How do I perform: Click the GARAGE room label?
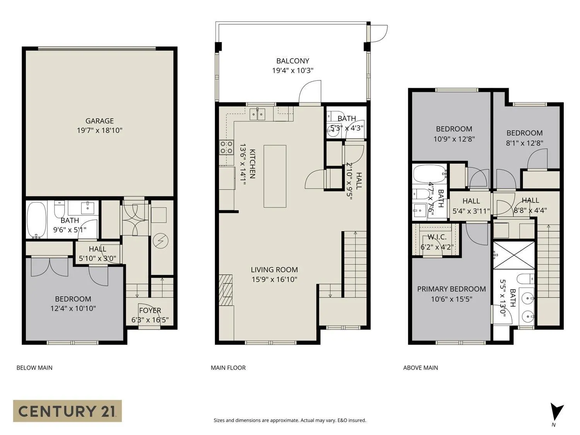99,121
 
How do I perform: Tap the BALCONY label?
292,61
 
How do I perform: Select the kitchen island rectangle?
275,176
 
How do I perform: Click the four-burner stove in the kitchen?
227,147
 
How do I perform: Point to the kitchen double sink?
258,114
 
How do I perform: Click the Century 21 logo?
67,411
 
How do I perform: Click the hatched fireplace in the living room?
226,290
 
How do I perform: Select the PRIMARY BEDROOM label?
451,289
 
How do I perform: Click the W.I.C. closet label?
437,237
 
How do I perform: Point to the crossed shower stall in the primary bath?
514,256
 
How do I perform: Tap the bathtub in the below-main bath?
37,220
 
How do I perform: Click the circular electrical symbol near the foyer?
160,241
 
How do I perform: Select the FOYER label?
150,310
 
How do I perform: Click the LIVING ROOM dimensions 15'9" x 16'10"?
274,280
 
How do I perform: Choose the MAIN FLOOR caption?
228,368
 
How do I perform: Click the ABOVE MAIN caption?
420,368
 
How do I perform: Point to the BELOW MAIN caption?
34,368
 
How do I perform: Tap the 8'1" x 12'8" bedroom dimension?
524,143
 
